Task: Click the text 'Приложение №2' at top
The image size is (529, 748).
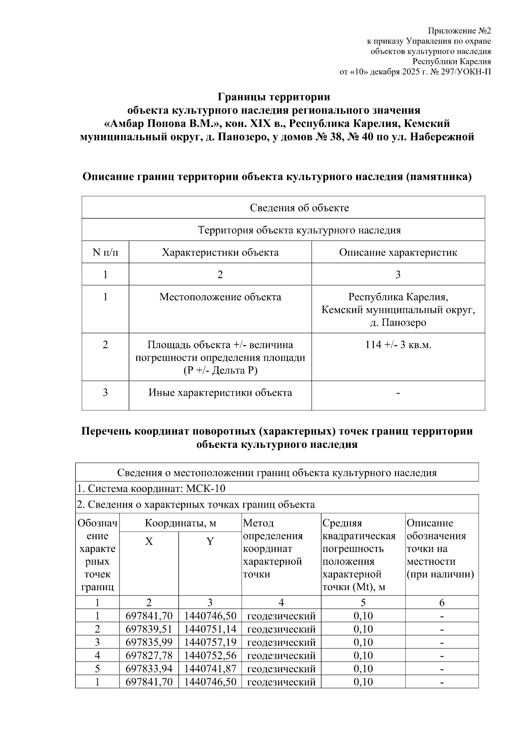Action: point(459,31)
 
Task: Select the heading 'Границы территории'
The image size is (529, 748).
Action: point(274,97)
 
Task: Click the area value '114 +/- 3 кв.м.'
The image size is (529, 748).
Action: point(398,345)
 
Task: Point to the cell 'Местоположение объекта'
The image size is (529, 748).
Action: point(220,297)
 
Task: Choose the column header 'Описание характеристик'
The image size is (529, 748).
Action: point(398,253)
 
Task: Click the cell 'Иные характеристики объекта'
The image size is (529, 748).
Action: point(220,393)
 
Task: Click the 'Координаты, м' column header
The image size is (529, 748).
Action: point(180,523)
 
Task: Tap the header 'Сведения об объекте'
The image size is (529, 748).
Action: point(299,208)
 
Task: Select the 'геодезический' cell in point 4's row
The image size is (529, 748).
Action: point(281,656)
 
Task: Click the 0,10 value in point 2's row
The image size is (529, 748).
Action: point(363,629)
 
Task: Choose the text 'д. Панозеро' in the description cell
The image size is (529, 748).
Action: point(398,323)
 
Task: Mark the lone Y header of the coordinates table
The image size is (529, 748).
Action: point(210,542)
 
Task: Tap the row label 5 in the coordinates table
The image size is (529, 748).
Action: point(97,669)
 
